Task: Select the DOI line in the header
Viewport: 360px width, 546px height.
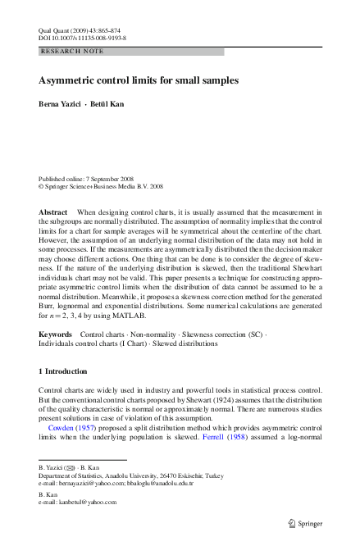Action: (x=82, y=37)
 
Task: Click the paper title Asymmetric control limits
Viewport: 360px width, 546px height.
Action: (x=138, y=81)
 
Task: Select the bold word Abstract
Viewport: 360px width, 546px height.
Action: (x=53, y=212)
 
